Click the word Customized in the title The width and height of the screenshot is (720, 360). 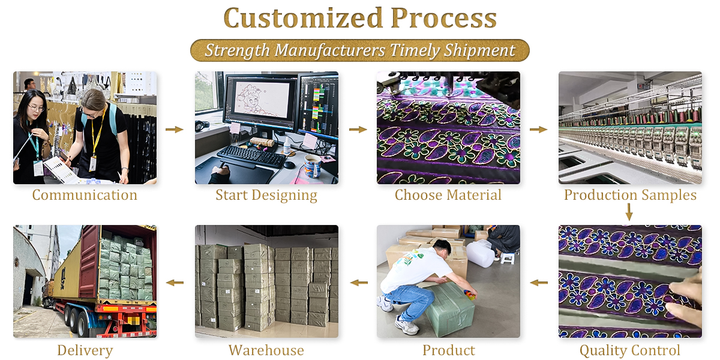point(304,18)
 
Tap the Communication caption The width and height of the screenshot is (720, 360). point(85,195)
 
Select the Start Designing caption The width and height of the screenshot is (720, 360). point(266,196)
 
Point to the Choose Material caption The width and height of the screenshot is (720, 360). point(448,195)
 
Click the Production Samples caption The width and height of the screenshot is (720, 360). point(631,195)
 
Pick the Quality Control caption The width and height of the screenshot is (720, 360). point(630,350)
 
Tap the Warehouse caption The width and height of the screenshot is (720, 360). point(266,350)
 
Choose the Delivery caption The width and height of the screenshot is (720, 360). point(85,350)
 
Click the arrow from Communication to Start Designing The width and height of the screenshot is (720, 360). point(175,130)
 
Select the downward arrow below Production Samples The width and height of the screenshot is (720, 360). point(629,212)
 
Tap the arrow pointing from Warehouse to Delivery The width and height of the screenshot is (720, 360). point(175,283)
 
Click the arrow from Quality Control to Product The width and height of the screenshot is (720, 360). point(539,283)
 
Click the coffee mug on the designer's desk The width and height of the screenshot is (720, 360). point(313,166)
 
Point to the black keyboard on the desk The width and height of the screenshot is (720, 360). point(251,157)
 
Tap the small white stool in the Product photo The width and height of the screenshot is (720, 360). point(507,258)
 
